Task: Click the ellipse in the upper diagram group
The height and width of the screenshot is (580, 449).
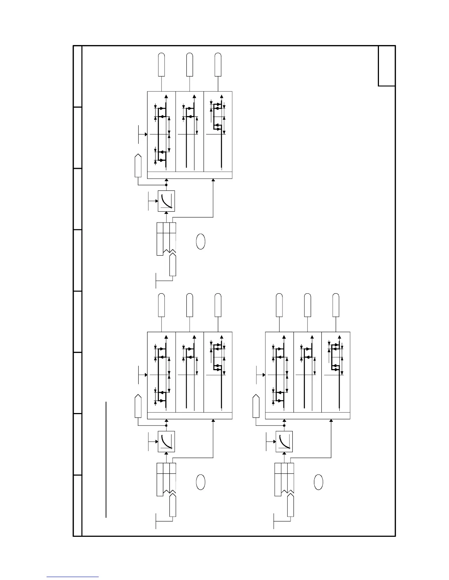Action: (200, 241)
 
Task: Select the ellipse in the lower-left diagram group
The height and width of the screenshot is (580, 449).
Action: (200, 482)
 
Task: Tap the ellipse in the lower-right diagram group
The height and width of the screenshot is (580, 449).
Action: (318, 482)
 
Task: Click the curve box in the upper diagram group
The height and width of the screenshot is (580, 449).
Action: (166, 201)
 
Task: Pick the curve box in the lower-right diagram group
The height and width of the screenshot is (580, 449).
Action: (284, 442)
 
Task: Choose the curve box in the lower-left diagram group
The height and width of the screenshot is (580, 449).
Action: (166, 442)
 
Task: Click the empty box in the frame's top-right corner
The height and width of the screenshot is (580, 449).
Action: (387, 66)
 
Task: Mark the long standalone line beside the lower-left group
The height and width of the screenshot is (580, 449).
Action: (106, 460)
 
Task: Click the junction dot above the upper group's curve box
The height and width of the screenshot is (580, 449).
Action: (166, 185)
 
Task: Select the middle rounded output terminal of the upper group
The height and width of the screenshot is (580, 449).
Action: (190, 64)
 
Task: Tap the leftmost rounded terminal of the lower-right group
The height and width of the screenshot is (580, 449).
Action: (279, 305)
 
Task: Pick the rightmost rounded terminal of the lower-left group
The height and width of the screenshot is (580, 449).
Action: (218, 305)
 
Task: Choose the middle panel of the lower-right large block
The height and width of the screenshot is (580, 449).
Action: (307, 372)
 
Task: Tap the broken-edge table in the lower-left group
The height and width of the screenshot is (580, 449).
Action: (166, 480)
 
